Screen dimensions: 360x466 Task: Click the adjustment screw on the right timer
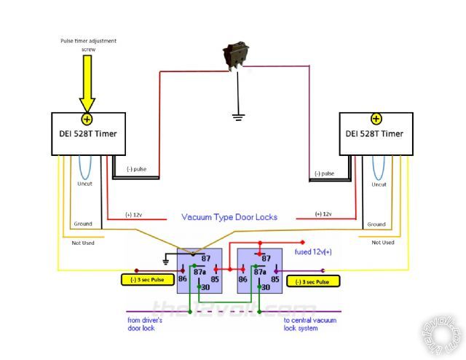(x=376, y=119)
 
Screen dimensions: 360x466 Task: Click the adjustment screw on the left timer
(x=87, y=119)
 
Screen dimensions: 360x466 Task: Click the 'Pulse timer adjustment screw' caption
(x=87, y=44)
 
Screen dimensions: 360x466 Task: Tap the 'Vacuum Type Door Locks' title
(x=229, y=217)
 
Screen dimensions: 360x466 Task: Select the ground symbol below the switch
(x=235, y=115)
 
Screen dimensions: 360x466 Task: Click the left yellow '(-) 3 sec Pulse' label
(x=146, y=278)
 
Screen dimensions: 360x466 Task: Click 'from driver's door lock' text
(x=150, y=324)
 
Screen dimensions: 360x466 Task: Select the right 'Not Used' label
(x=382, y=243)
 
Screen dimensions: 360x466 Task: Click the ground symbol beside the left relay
(x=167, y=261)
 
